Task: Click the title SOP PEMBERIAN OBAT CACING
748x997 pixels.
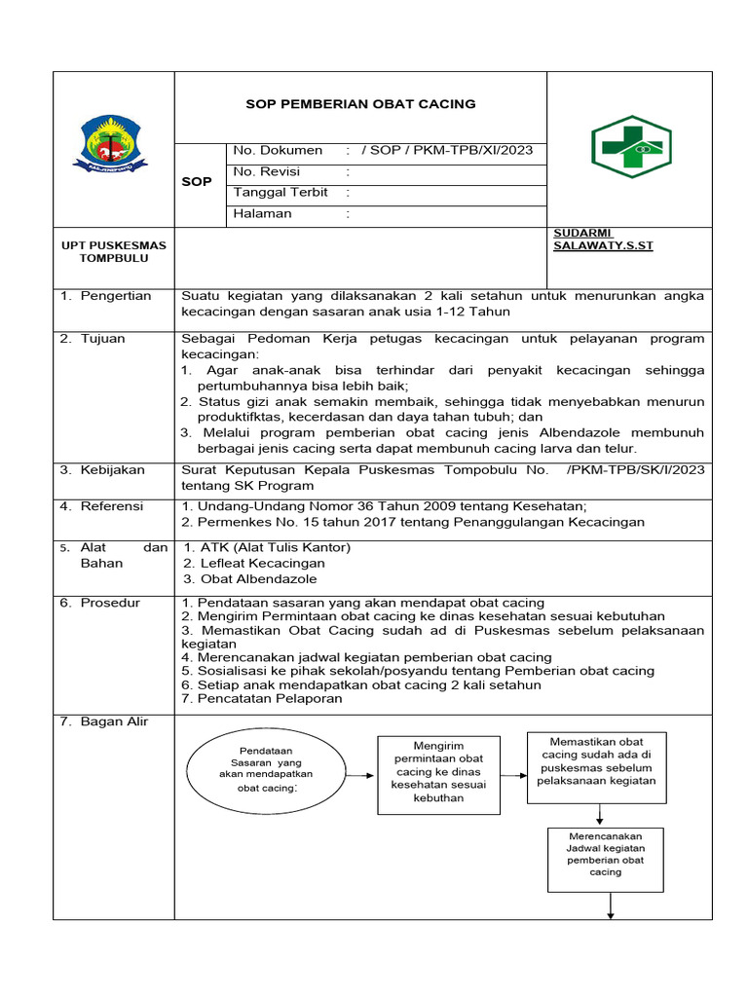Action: (x=359, y=104)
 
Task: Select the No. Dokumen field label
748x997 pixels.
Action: (x=278, y=150)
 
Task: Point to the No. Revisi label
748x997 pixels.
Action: (x=267, y=171)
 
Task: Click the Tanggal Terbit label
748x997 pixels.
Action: (x=280, y=193)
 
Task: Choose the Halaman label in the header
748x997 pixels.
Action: (x=262, y=213)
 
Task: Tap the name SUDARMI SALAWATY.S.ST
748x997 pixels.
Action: (x=603, y=240)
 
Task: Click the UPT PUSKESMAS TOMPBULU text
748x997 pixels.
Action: (x=113, y=251)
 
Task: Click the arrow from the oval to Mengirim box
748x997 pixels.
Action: (x=357, y=776)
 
